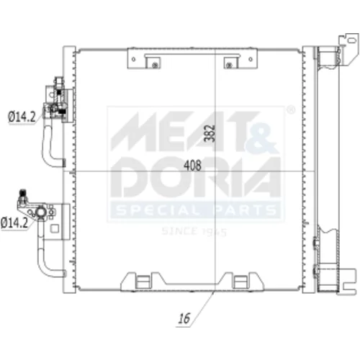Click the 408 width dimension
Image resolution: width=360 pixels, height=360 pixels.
coord(192,166)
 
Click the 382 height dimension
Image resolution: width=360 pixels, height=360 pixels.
coord(210,133)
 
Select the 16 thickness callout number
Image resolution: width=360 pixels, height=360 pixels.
coord(184,318)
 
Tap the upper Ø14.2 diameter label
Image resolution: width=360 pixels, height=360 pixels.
coord(22,117)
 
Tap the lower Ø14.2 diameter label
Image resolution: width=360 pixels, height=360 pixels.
coord(14,222)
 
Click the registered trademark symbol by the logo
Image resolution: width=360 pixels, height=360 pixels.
coord(291,110)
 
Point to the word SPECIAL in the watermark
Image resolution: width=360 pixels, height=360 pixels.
coord(158,210)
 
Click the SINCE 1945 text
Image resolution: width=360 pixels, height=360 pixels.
coord(194,232)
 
